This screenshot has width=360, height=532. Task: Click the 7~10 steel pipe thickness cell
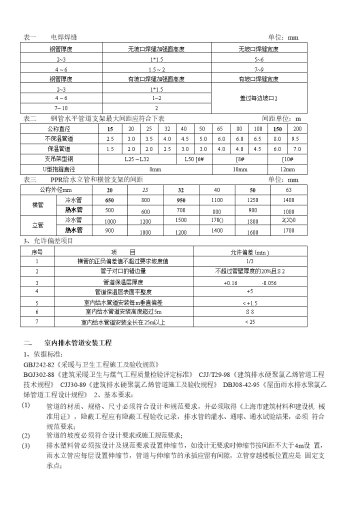pos(61,108)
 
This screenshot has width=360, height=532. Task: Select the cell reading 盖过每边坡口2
pos(258,98)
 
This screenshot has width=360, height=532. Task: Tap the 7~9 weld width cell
pos(258,69)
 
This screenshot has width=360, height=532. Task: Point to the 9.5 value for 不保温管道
pos(295,139)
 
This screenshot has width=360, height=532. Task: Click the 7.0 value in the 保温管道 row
pos(297,149)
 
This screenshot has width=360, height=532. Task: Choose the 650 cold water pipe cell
pos(109,200)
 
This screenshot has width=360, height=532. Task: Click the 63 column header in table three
pos(288,190)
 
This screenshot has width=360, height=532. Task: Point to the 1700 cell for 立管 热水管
pos(288,230)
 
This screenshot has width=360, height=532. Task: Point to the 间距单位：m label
pos(281,118)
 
